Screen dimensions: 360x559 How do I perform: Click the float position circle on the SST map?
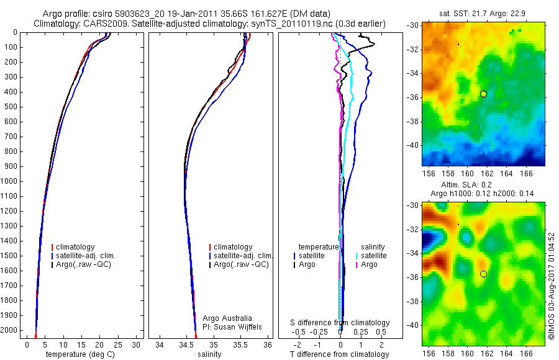coord(483,94)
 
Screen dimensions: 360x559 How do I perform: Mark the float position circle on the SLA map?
coord(483,274)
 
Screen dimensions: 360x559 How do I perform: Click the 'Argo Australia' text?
coord(227,318)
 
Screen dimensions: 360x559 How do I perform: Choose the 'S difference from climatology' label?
coord(340,323)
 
